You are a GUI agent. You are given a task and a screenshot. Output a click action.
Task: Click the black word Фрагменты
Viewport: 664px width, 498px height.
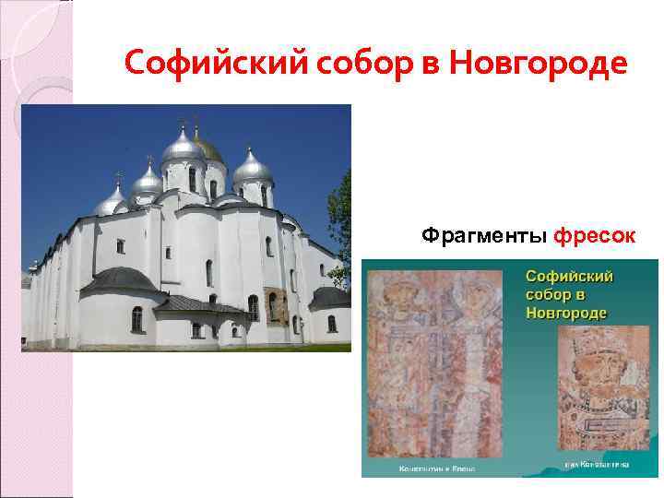(x=483, y=236)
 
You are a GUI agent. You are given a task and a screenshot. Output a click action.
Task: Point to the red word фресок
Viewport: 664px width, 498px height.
(x=594, y=236)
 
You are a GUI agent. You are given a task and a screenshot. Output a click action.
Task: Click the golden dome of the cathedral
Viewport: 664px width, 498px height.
(x=209, y=147)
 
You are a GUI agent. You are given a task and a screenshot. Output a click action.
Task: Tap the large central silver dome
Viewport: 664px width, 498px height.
(x=182, y=146)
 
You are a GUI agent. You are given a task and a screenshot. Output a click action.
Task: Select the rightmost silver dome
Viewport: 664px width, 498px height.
(x=252, y=168)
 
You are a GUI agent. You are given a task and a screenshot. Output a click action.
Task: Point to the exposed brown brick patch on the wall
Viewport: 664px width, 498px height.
(x=275, y=305)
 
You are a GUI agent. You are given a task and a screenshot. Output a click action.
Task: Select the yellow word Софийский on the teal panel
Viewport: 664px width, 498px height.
(x=571, y=277)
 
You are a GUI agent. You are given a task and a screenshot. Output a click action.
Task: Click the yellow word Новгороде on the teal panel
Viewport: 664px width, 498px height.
(x=565, y=312)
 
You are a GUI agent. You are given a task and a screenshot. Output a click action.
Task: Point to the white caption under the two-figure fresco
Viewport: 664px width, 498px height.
(x=435, y=468)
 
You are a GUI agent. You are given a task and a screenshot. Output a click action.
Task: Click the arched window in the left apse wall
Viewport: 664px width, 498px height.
(x=136, y=319)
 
